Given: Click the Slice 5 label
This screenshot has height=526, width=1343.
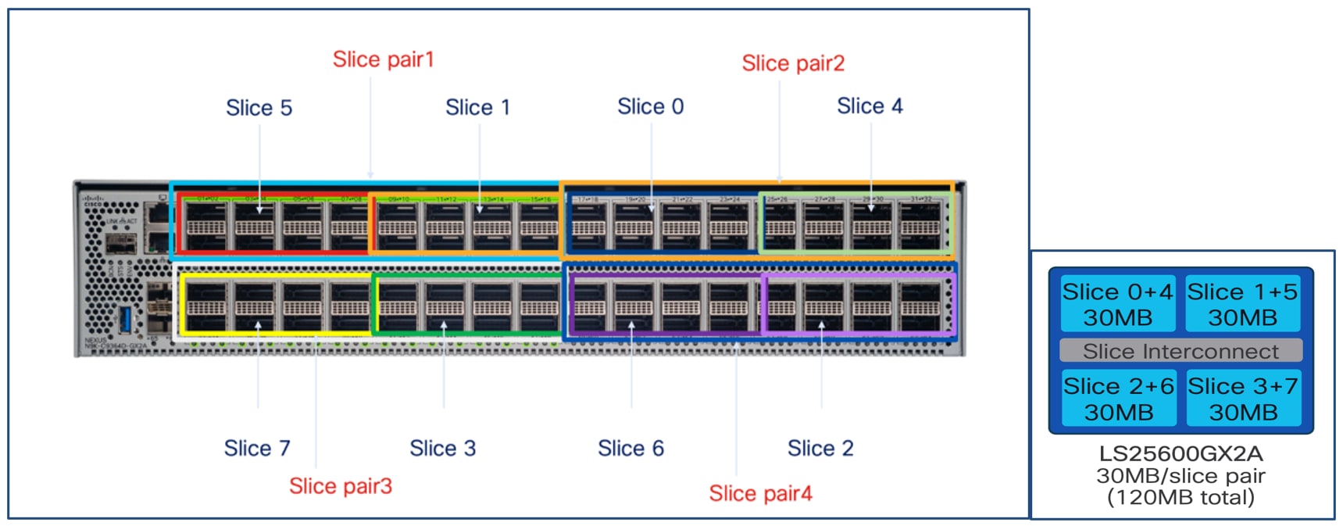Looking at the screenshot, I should tap(259, 108).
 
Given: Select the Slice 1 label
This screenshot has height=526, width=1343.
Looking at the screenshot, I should tap(477, 107).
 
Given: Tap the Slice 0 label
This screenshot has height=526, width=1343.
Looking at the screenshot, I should tap(650, 106).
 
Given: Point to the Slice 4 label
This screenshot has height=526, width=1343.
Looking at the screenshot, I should tap(870, 106).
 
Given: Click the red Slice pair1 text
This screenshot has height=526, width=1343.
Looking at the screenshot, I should tap(383, 59).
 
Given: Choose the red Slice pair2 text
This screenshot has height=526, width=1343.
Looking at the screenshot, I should tap(793, 63).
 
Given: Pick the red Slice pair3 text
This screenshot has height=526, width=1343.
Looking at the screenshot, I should tap(341, 486).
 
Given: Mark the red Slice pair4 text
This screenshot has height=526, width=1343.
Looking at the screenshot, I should tap(760, 493).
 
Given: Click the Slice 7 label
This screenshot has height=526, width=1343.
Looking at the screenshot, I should tap(257, 449).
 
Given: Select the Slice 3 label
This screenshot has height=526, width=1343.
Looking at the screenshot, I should tap(442, 449).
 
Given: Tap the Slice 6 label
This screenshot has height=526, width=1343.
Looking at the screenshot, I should tap(630, 449).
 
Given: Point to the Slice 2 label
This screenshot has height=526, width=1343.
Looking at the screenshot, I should tap(820, 449).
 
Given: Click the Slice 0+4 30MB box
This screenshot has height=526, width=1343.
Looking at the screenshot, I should tap(1118, 304).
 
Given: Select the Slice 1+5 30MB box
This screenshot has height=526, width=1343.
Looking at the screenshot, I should tap(1242, 304).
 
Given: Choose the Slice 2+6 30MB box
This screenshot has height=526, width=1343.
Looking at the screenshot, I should tap(1118, 399).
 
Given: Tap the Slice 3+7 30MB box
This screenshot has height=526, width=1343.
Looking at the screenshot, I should tap(1242, 399).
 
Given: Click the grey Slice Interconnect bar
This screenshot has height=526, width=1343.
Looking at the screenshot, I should tap(1180, 351).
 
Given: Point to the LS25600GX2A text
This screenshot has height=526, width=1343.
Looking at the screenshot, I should tap(1180, 453).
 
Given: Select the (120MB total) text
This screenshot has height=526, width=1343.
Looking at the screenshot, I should tap(1180, 497).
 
